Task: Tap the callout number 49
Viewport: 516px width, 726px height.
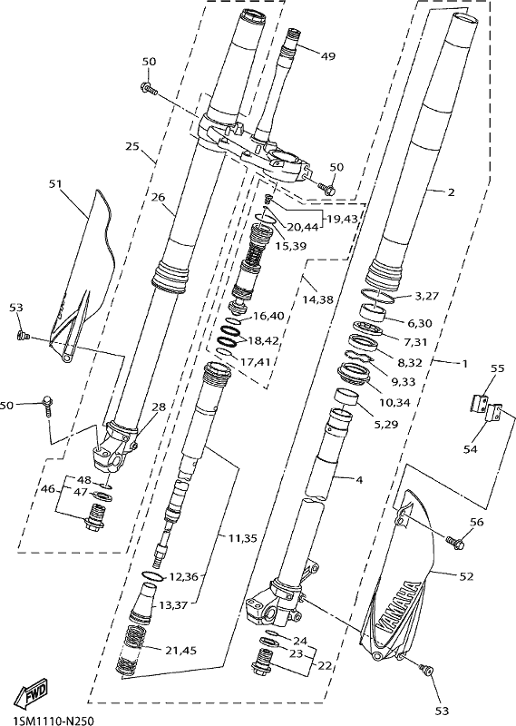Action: click(x=327, y=56)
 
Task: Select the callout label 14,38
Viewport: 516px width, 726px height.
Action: click(x=318, y=299)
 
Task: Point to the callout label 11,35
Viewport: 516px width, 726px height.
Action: click(x=243, y=537)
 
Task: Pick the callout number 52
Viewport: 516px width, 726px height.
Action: click(x=467, y=576)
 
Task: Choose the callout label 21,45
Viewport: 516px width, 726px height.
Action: click(x=181, y=650)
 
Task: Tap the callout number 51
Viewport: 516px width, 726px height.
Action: click(x=55, y=184)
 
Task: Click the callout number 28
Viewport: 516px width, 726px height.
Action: click(x=159, y=407)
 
